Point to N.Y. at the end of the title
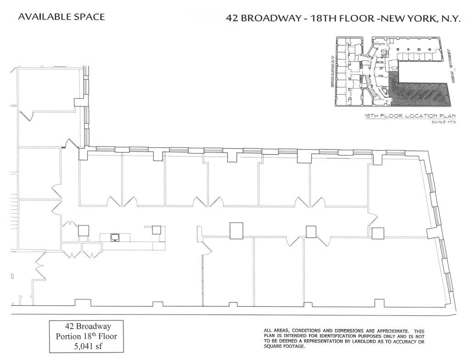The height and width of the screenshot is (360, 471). [450, 19]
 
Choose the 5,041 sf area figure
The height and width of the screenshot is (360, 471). [88, 346]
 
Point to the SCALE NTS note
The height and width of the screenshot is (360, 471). [444, 122]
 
